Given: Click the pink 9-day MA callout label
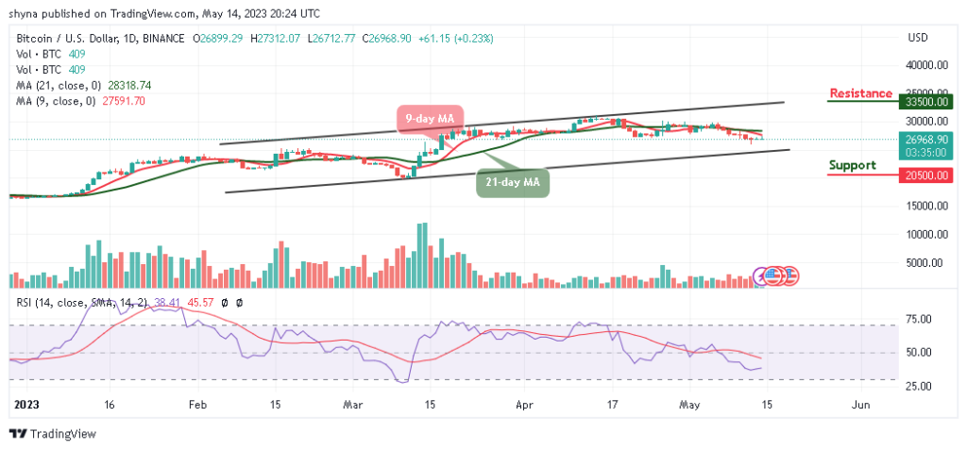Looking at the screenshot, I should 429,119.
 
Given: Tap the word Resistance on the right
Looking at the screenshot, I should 859,92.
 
